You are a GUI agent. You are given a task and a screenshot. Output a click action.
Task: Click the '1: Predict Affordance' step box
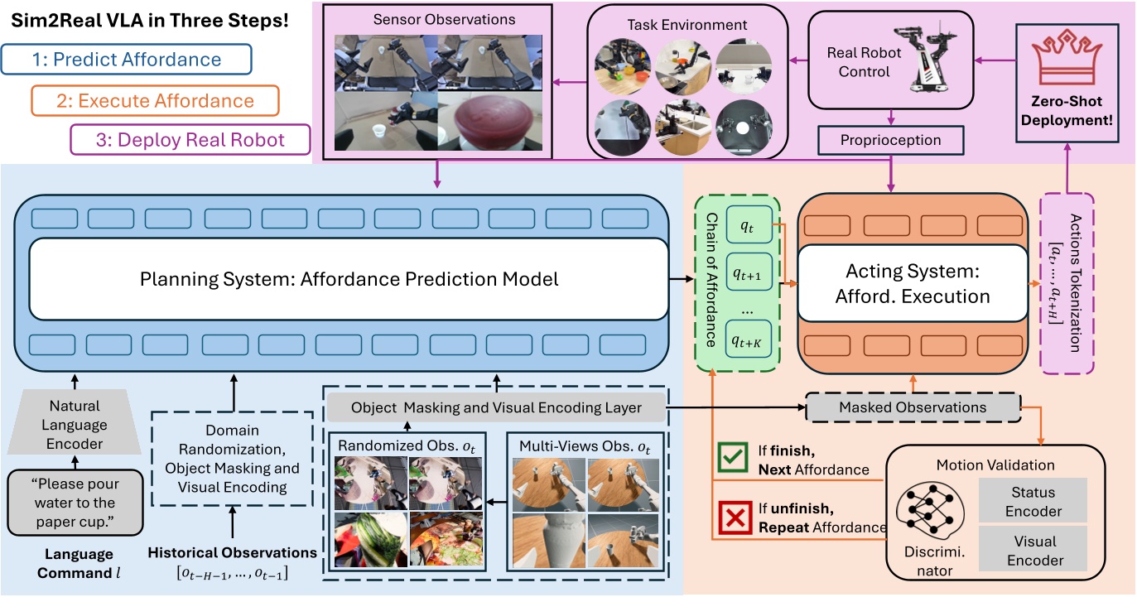(127, 60)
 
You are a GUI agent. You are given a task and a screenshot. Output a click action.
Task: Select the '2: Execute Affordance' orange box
(155, 101)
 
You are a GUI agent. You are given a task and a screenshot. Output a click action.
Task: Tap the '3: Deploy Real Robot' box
(190, 140)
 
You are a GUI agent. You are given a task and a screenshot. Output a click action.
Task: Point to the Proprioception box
(892, 140)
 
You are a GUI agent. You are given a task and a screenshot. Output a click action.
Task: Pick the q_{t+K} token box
(747, 339)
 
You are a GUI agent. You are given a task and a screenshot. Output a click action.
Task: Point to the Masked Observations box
(913, 407)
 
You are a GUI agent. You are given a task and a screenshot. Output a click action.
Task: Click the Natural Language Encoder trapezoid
(75, 425)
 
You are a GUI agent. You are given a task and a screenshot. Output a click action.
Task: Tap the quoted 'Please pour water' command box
(75, 503)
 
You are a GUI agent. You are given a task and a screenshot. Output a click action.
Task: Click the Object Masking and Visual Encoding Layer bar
(496, 407)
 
